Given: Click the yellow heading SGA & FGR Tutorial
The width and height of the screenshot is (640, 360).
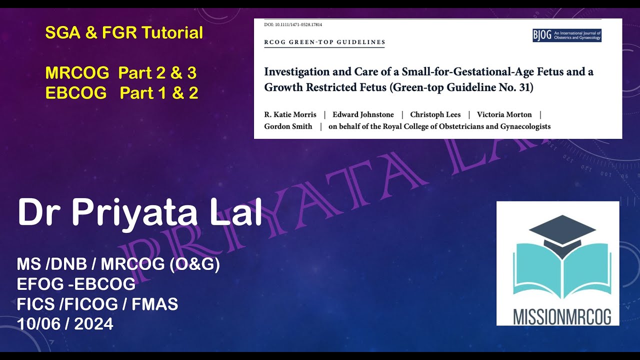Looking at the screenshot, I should (x=124, y=33).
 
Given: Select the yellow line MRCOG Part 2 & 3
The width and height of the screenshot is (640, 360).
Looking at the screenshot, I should (x=120, y=73).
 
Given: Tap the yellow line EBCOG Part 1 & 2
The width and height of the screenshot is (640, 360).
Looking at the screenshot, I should (x=121, y=93).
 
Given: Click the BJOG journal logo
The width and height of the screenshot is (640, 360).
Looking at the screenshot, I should (x=567, y=35).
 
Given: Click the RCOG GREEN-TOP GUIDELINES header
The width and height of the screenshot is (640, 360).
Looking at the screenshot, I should (x=324, y=42).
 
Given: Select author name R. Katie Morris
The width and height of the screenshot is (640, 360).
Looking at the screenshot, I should (x=290, y=114).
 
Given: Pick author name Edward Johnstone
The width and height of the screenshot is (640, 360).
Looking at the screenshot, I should (x=363, y=114).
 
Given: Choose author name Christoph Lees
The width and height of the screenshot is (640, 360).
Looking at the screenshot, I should (x=435, y=114).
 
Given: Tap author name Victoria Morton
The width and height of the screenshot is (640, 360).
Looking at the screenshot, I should (x=504, y=114).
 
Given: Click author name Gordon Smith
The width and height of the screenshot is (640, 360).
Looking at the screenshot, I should (x=288, y=126).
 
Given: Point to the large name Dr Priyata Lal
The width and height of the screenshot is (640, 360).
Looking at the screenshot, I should (x=140, y=212).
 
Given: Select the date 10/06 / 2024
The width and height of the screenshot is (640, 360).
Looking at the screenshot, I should (x=65, y=324).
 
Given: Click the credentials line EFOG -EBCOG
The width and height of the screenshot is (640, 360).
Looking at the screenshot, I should (x=76, y=284).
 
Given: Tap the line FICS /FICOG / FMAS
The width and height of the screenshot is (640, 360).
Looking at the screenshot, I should (x=97, y=304).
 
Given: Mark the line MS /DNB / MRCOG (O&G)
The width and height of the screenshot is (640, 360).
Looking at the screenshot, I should (x=118, y=264).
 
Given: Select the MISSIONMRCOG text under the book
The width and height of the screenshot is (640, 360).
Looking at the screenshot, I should (x=557, y=315).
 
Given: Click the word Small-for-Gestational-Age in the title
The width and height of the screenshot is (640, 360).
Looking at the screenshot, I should (x=458, y=71).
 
